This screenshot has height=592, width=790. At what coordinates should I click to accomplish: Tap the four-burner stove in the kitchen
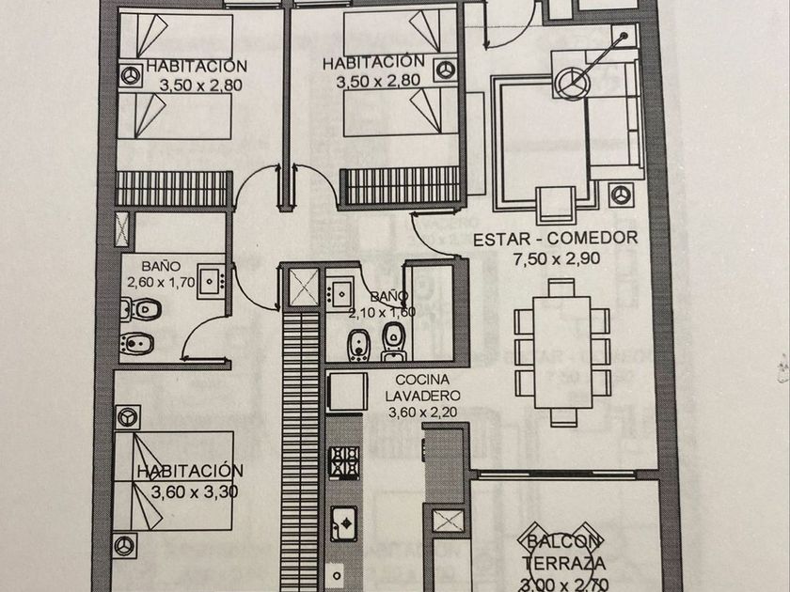pos(344,462)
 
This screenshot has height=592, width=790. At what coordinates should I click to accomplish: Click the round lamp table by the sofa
pos(569,83)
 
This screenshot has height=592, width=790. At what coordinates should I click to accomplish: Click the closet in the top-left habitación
pos(172,188)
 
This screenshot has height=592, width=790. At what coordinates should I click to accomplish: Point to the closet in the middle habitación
pos(399,185)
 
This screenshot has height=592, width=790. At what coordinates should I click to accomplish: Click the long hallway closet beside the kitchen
pos(302,442)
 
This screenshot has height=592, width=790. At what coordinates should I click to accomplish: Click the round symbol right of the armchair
pos(619,193)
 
